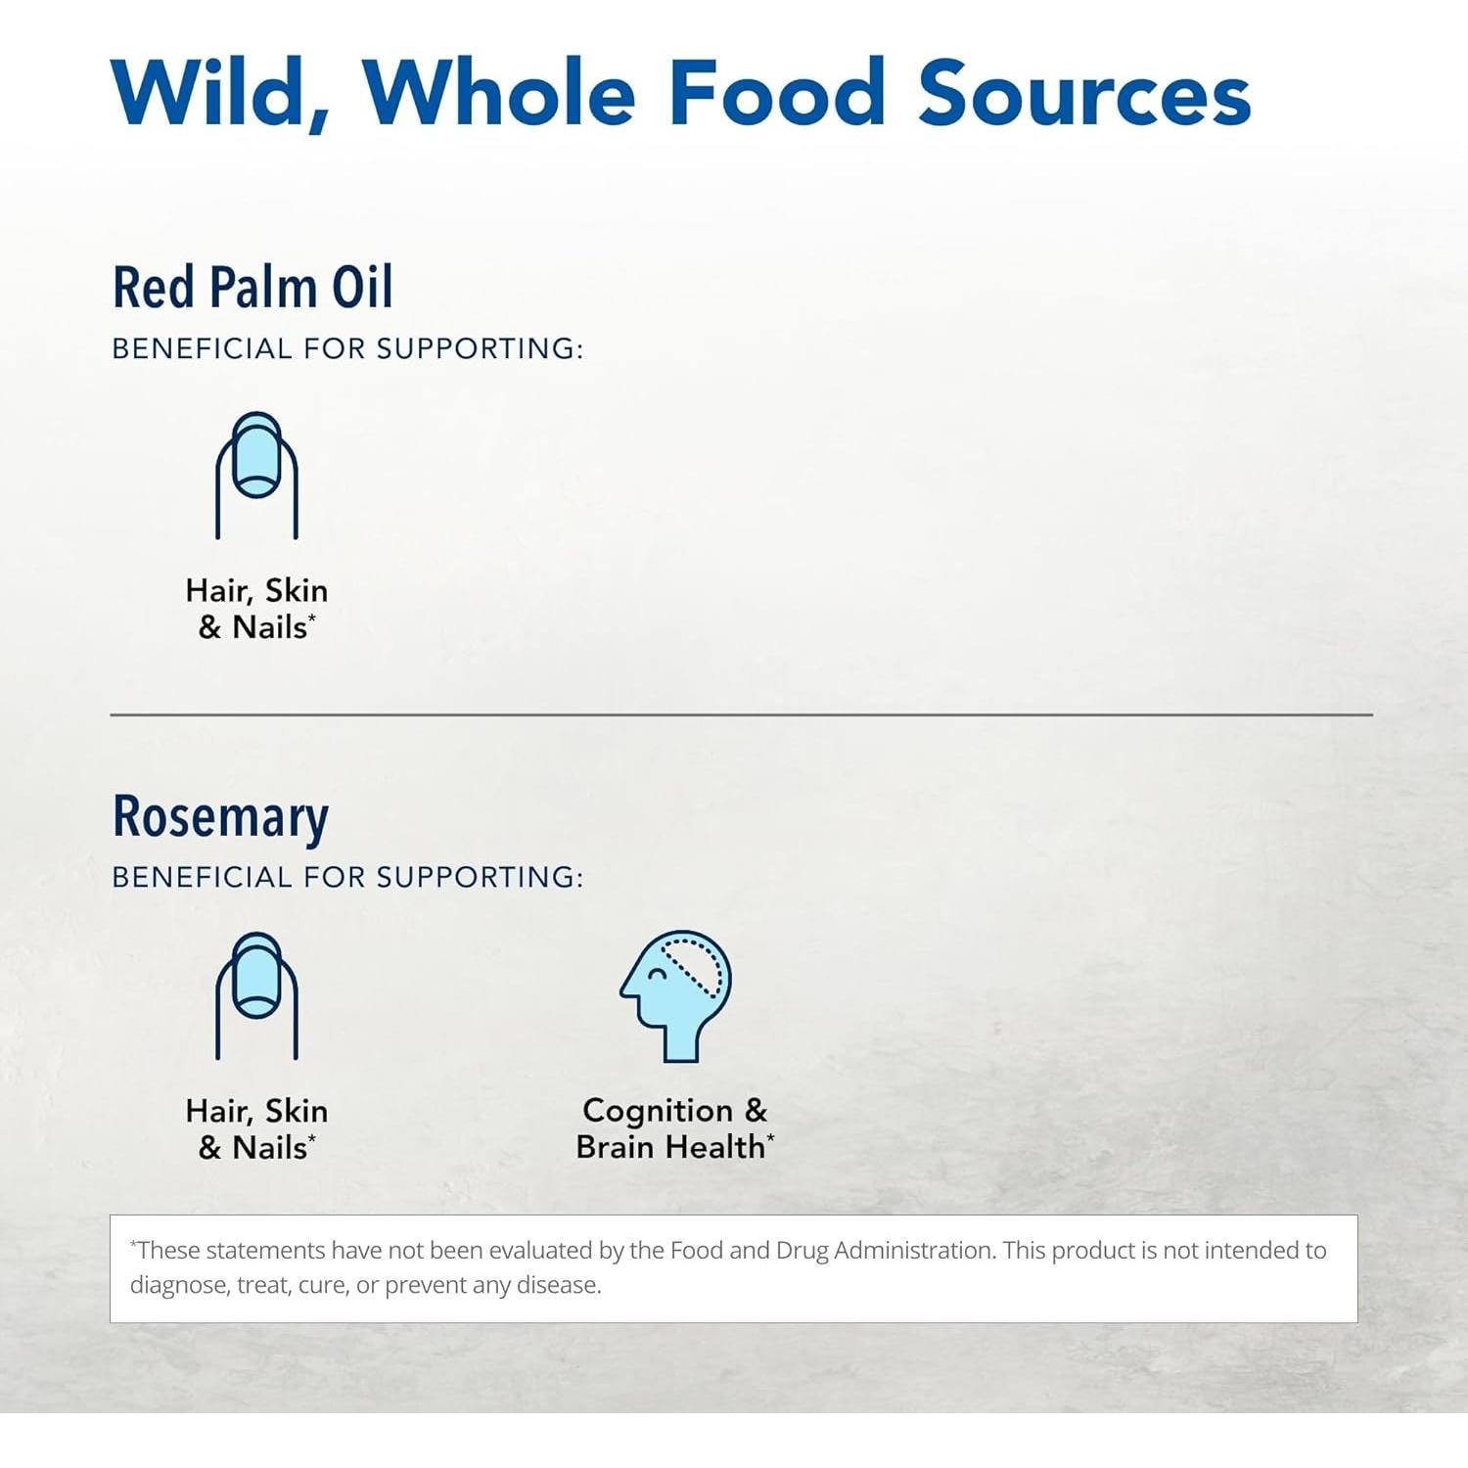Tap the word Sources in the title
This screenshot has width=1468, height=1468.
[1084, 93]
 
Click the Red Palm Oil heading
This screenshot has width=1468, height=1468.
[252, 288]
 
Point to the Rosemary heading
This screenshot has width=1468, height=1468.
[220, 818]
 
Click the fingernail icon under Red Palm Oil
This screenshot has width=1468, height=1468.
[256, 476]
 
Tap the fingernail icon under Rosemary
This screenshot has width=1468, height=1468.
[256, 996]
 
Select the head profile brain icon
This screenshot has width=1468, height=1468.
[676, 996]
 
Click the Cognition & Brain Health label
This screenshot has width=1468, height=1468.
[675, 1128]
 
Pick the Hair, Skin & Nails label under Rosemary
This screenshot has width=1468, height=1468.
[256, 1129]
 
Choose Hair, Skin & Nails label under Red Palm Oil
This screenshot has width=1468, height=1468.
[256, 609]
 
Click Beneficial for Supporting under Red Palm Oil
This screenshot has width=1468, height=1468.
[347, 348]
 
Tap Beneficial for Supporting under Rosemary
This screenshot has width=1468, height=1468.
[347, 877]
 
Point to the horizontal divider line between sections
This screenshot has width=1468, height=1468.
[741, 715]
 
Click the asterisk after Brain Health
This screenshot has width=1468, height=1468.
[771, 1137]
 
